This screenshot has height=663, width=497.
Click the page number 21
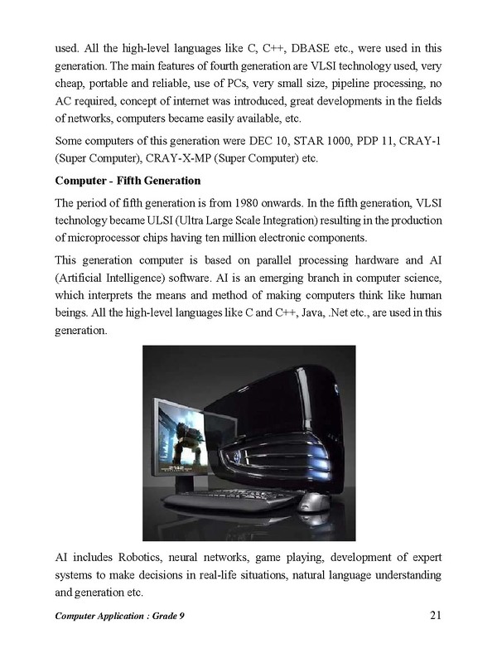[x=438, y=615]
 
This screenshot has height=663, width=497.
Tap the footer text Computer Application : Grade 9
[x=118, y=617]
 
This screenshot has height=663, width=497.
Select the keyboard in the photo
[x=236, y=502]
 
